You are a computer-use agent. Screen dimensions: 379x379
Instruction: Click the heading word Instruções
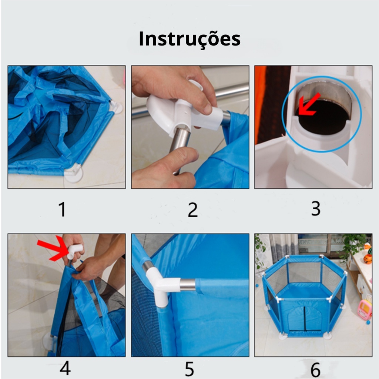[189, 38]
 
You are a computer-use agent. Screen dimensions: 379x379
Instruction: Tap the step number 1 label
[62, 209]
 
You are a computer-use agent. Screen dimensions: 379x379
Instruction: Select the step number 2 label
[192, 210]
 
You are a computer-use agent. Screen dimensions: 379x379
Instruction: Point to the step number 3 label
[316, 208]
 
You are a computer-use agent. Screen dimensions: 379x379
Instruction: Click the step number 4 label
[65, 368]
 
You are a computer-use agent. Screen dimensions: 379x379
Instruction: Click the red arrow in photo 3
[309, 105]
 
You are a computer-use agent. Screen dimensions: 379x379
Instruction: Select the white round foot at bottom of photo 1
[74, 174]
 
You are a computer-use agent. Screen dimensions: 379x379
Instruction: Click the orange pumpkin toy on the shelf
[368, 259]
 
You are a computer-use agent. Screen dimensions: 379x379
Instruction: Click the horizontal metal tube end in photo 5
[188, 285]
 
